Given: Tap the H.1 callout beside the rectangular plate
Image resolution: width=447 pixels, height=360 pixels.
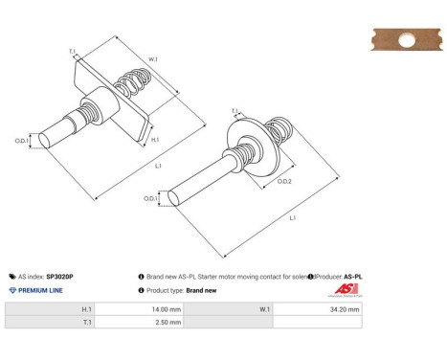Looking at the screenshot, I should [156, 140].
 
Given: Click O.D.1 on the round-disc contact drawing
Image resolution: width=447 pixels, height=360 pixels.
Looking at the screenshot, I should [150, 198].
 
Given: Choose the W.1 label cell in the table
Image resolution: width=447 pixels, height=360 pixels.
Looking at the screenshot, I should [263, 309].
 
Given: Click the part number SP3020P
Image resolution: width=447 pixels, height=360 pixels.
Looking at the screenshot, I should [59, 276].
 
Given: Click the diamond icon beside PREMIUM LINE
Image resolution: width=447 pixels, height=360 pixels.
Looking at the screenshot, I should [11, 290].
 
